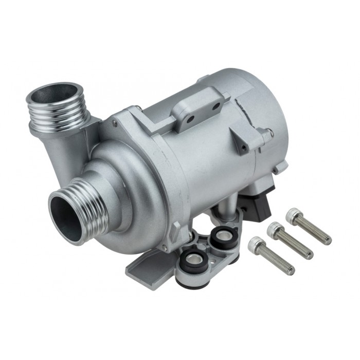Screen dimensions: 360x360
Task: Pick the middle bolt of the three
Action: pyautogui.click(x=292, y=240)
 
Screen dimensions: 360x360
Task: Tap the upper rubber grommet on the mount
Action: pyautogui.click(x=222, y=238)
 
